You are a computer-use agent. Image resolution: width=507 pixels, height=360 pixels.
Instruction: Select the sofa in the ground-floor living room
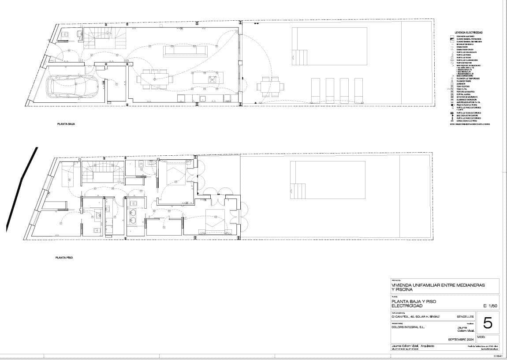click(x=185, y=50)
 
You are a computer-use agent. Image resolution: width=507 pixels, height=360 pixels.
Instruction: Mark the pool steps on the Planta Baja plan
click(x=299, y=57)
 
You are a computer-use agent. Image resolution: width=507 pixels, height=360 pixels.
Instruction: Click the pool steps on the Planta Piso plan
click(x=298, y=191)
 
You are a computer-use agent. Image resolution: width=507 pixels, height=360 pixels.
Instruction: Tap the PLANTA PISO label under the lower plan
click(x=64, y=257)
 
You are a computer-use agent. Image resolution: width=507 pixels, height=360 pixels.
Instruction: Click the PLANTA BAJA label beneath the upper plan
click(x=66, y=124)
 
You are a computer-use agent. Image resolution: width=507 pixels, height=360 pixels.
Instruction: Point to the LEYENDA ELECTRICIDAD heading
click(x=469, y=33)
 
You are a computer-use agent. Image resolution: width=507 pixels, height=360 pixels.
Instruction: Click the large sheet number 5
click(x=488, y=323)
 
